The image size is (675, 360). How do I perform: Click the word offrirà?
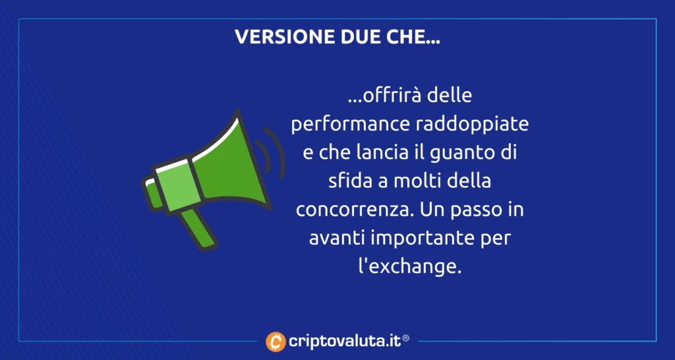pyautogui.click(x=385, y=97)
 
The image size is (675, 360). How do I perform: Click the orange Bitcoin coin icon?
pyautogui.click(x=276, y=342)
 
